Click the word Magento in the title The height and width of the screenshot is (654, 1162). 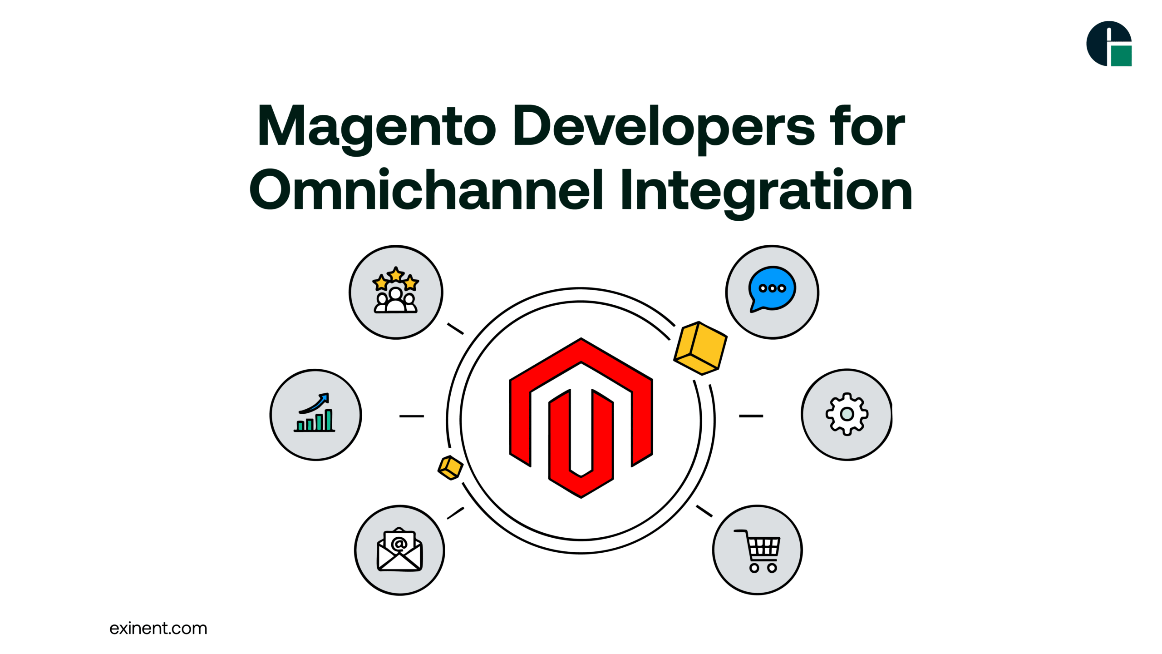coord(376,129)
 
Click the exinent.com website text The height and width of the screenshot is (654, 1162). coord(158,628)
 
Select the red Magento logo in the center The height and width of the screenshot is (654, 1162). coord(581,418)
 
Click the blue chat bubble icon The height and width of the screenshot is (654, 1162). coord(772,289)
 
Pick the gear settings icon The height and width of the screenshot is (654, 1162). coord(847,414)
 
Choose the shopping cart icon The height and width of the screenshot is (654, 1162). coord(758,551)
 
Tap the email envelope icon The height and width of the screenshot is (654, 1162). coord(399,549)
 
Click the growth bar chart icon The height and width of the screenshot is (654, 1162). coord(315,412)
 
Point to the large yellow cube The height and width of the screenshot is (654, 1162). coord(700,348)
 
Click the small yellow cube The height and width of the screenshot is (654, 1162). coord(450,468)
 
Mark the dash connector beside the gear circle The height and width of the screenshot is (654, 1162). coord(751,416)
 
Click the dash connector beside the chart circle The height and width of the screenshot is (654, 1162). coord(412,416)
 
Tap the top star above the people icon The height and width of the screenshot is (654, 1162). coord(396,274)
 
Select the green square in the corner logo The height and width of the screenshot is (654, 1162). coord(1121,56)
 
